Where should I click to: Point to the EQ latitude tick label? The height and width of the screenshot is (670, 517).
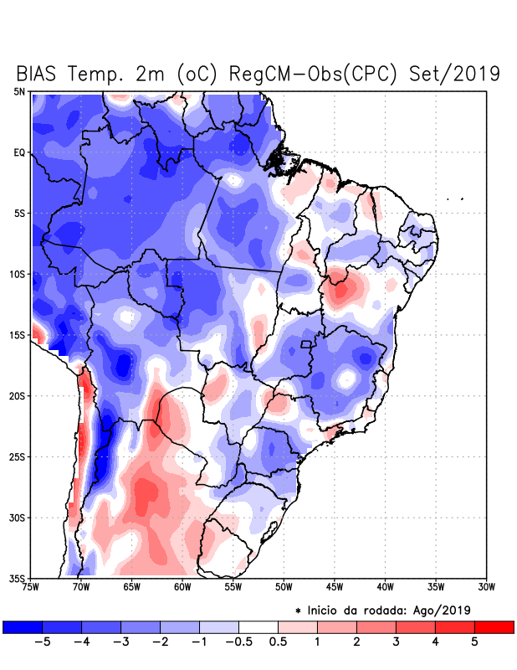[x=19, y=152]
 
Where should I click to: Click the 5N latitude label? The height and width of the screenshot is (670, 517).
[x=19, y=91]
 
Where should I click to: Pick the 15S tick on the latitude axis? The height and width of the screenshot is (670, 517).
[x=18, y=335]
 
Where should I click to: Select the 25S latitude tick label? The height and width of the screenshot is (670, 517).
[x=18, y=456]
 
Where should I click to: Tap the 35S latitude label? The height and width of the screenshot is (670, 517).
[x=18, y=578]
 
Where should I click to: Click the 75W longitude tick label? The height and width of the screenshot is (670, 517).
[x=32, y=587]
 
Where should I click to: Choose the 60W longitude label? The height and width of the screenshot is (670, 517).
[x=182, y=587]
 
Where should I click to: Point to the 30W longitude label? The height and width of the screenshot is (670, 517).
[x=486, y=587]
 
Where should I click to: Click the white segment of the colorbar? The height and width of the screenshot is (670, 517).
[x=258, y=626]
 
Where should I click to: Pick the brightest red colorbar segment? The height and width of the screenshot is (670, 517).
[x=494, y=626]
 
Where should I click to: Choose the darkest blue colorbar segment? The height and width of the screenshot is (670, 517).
[x=23, y=626]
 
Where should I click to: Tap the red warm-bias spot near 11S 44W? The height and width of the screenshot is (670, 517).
[x=340, y=291]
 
